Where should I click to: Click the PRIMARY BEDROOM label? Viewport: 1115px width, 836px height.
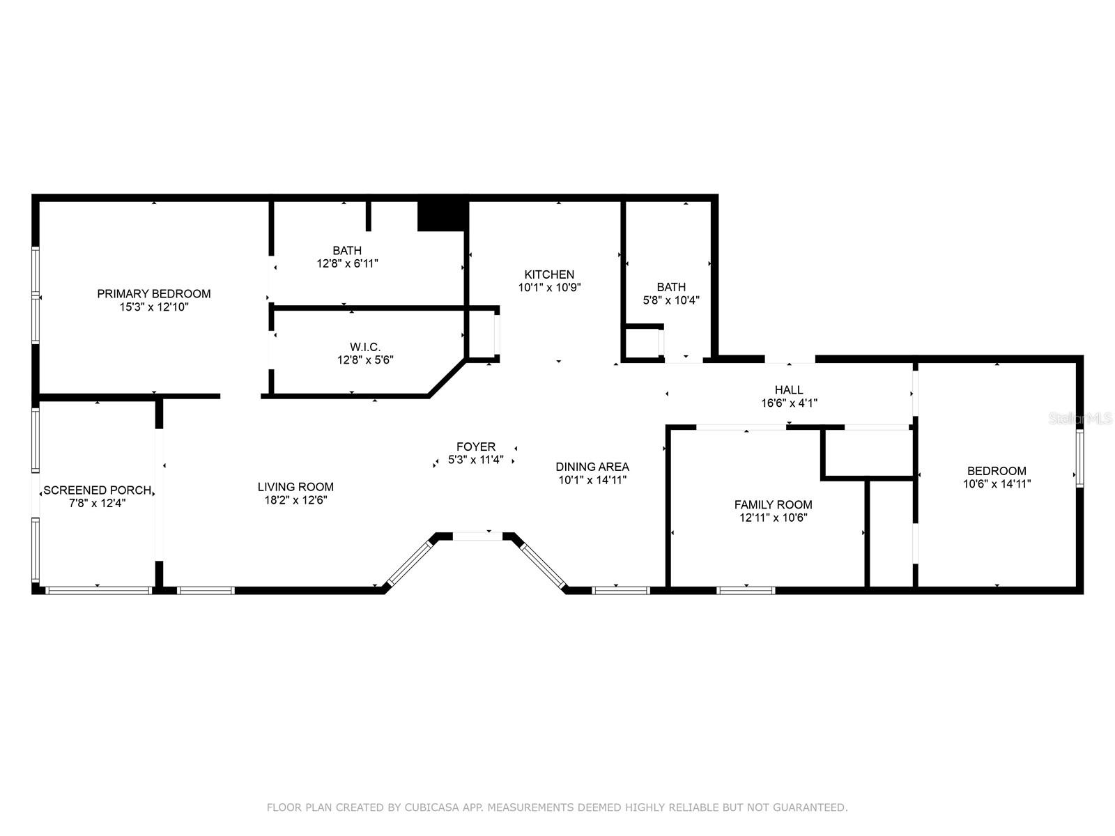coord(154,293)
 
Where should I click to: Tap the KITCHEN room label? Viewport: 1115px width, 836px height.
coord(549,274)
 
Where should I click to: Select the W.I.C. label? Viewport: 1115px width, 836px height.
coord(365,347)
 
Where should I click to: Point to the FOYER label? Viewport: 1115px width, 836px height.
coord(476,447)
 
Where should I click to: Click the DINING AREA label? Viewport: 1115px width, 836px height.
coord(592,467)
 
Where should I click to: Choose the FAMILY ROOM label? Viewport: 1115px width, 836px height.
coord(773,504)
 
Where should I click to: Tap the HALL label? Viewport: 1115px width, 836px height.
coord(789,390)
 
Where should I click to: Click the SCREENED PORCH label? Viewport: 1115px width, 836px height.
coord(97,490)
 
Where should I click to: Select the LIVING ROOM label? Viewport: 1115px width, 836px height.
coord(295,487)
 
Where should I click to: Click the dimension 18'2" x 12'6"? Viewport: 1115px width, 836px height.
coord(295,500)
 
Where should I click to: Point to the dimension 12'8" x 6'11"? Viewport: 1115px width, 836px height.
coord(348,263)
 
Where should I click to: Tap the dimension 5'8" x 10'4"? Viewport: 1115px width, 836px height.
coord(671,300)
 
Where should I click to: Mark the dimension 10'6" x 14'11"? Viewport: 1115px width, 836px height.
coord(997,483)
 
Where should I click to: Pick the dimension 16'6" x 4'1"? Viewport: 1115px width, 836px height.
coord(789,403)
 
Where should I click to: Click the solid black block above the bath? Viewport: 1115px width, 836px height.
coord(442,216)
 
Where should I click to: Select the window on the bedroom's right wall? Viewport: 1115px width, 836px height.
coord(1079,458)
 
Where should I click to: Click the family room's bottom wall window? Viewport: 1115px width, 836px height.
coord(746,590)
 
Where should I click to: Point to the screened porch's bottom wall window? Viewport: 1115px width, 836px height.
coord(98,590)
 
